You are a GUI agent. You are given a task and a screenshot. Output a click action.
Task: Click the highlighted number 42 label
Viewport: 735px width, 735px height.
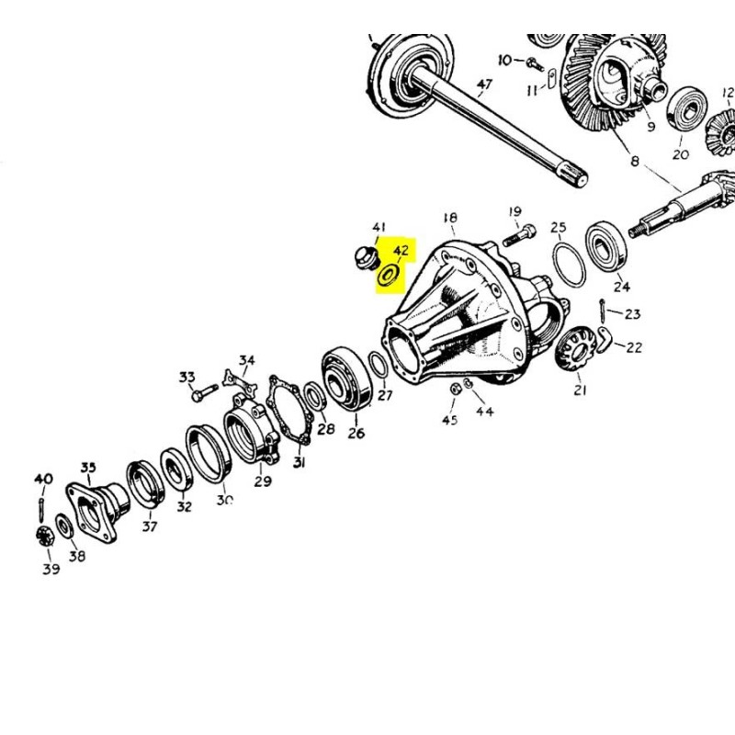[400, 251]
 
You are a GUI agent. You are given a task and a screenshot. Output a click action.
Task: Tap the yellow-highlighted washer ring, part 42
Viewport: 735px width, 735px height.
[390, 274]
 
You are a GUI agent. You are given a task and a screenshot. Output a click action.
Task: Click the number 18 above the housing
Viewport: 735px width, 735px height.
[450, 218]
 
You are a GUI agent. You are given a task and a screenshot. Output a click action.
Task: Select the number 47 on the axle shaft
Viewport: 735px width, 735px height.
[485, 86]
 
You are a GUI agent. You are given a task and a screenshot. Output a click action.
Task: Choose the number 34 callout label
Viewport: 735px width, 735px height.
[246, 359]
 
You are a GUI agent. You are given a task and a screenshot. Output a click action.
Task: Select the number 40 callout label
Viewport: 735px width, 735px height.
[44, 479]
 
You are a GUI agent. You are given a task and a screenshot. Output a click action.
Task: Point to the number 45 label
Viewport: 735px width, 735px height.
[449, 420]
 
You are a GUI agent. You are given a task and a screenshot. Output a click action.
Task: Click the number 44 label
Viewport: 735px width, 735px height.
[484, 411]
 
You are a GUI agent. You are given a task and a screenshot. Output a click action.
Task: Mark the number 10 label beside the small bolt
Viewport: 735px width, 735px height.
[505, 60]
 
